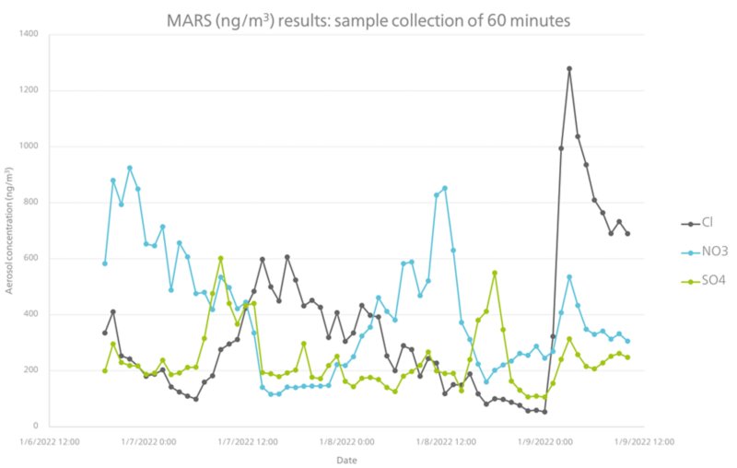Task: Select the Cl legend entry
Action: click(x=706, y=223)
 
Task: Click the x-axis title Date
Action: click(x=346, y=459)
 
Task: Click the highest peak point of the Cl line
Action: click(x=569, y=68)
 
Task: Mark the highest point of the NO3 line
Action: click(x=130, y=168)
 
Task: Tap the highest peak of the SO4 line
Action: click(x=221, y=259)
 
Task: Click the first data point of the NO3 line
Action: click(x=105, y=263)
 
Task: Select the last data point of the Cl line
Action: click(x=627, y=234)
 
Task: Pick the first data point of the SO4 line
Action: click(x=105, y=370)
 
